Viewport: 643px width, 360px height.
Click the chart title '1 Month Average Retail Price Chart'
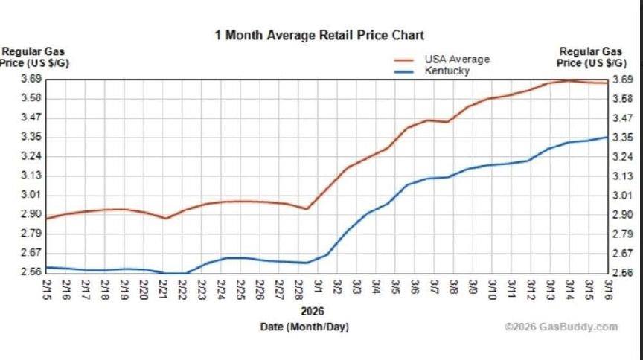[319, 35]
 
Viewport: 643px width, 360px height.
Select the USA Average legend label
[457, 60]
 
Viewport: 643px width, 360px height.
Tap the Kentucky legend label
[447, 71]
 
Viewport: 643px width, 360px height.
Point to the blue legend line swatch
[404, 71]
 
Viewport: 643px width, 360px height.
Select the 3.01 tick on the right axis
[621, 195]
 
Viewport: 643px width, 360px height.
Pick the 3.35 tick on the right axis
[621, 138]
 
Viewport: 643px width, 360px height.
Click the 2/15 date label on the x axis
[47, 286]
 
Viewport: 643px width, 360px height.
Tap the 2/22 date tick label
[182, 286]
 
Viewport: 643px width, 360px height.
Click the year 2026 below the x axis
[313, 311]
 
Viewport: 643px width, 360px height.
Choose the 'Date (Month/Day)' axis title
[304, 327]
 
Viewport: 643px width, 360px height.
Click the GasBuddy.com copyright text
[560, 327]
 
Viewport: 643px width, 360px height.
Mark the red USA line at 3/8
[447, 122]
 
